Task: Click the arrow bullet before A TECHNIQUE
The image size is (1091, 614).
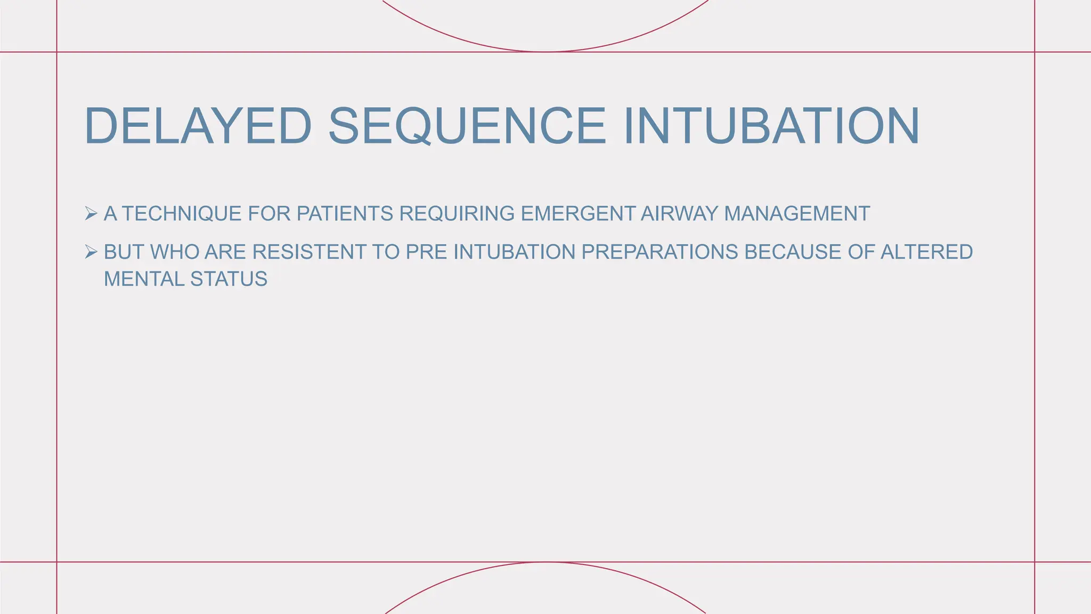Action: pos(91,214)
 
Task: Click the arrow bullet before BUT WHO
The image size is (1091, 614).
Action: pos(91,252)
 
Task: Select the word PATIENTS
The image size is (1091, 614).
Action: pos(345,214)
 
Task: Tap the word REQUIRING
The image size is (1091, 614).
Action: pos(457,214)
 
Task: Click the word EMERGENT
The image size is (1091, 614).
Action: pos(577,214)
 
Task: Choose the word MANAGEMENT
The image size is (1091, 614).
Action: pos(797,214)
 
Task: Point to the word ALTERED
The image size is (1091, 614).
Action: pos(926,252)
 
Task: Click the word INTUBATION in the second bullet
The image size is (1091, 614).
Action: pos(514,252)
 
